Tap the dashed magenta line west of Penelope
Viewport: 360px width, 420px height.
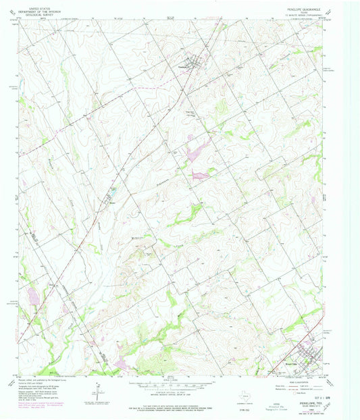click(145, 87)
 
